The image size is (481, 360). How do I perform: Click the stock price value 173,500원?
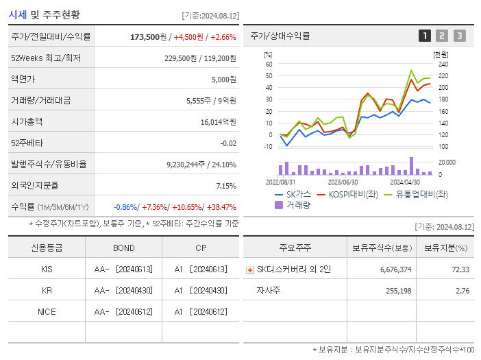click(x=149, y=37)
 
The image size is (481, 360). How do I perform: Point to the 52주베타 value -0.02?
click(x=227, y=143)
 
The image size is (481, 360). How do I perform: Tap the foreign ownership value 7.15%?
click(x=225, y=185)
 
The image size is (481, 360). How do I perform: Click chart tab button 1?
click(x=425, y=36)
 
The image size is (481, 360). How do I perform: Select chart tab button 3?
click(x=459, y=36)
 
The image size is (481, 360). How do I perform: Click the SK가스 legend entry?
click(x=293, y=194)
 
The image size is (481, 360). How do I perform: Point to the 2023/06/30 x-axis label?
click(x=343, y=182)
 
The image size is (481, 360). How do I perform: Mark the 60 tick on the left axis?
click(x=269, y=64)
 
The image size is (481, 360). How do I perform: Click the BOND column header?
click(x=124, y=248)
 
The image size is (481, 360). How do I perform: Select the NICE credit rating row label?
click(x=47, y=312)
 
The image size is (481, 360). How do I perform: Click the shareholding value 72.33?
click(x=459, y=269)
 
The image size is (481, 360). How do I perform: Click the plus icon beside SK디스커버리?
click(x=249, y=270)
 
